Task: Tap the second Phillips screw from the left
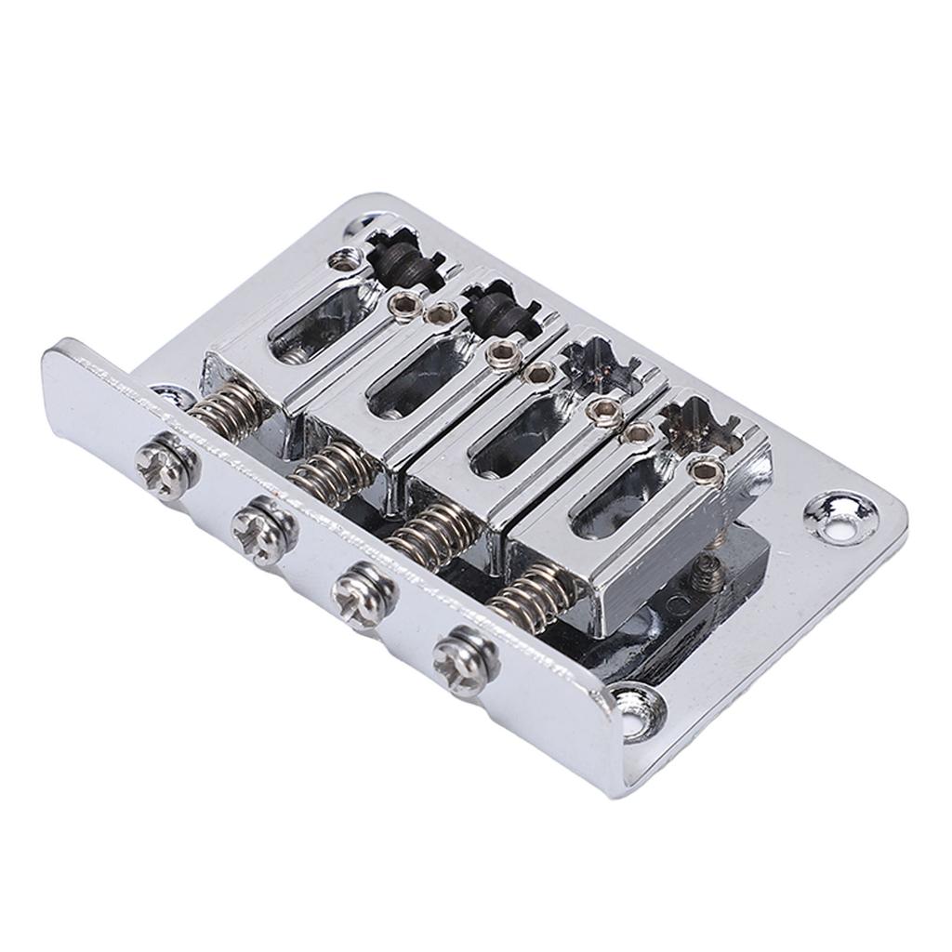coord(265,530)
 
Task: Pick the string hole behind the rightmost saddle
coord(697,428)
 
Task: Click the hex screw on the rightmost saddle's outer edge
coord(707,471)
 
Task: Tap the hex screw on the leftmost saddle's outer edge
coord(347,264)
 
